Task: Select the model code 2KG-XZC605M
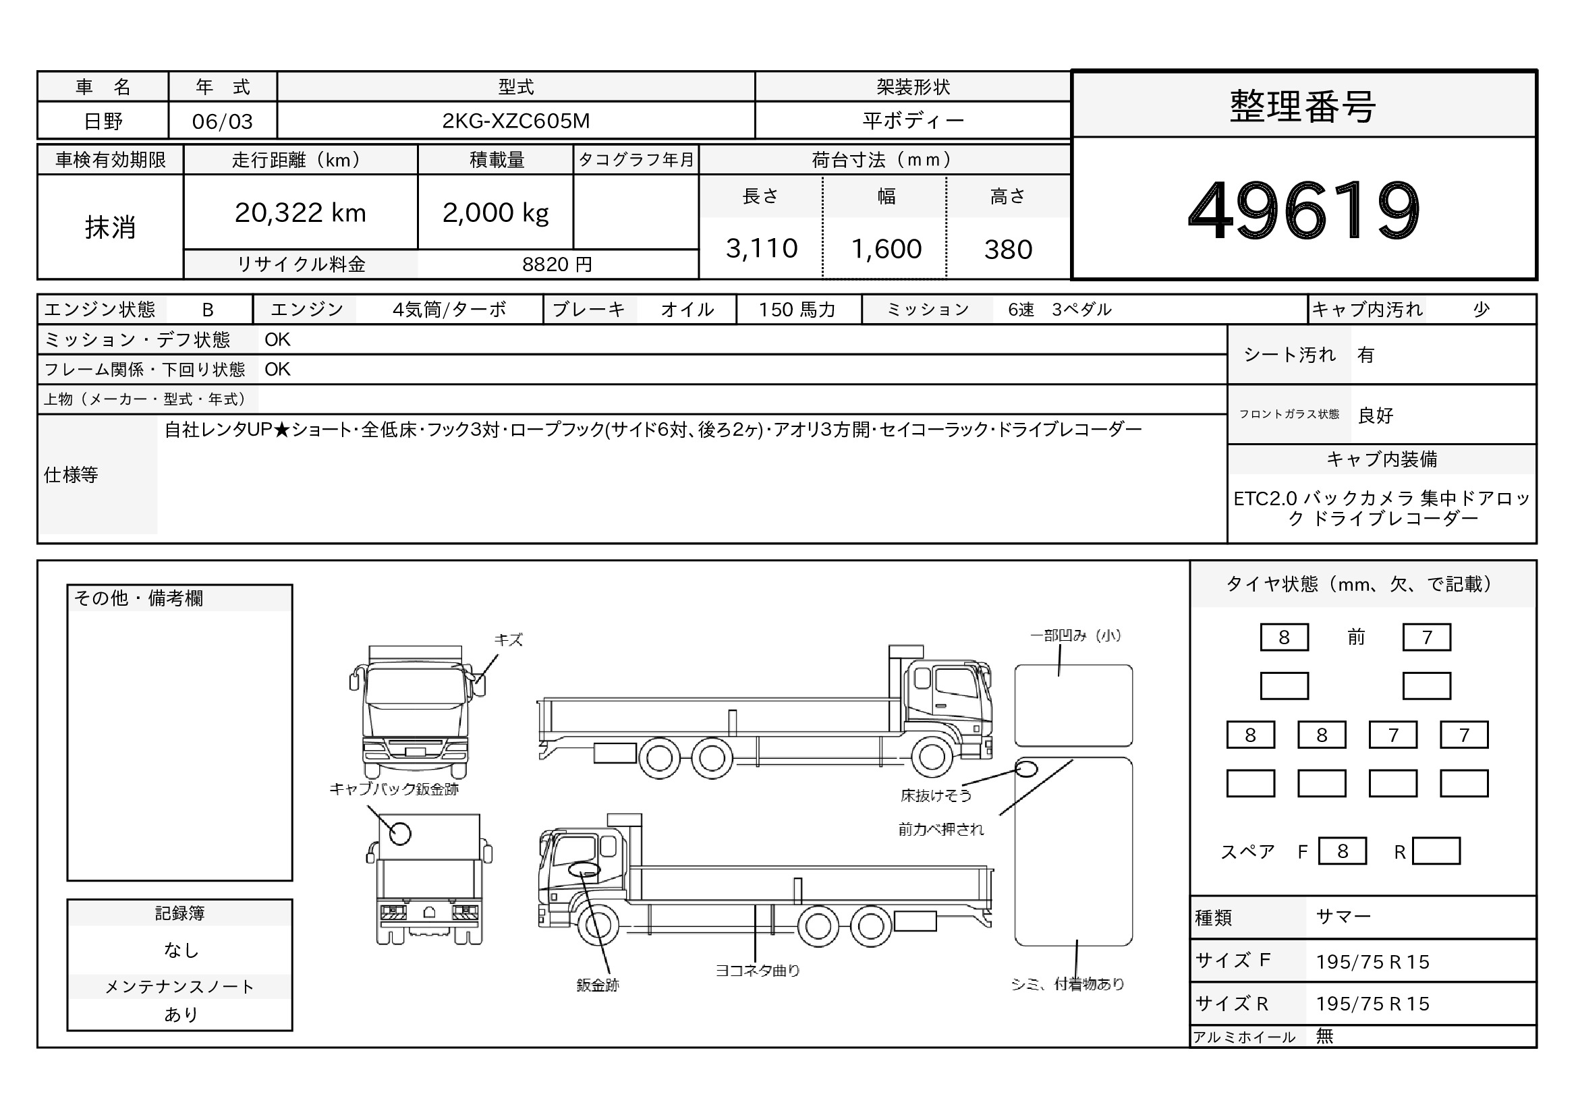515,121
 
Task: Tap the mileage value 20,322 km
300,213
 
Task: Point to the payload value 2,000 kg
496,213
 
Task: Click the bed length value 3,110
762,249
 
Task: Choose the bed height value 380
1008,250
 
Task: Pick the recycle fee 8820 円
557,264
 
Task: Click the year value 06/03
222,121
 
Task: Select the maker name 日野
103,121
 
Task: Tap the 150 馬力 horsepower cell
797,310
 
